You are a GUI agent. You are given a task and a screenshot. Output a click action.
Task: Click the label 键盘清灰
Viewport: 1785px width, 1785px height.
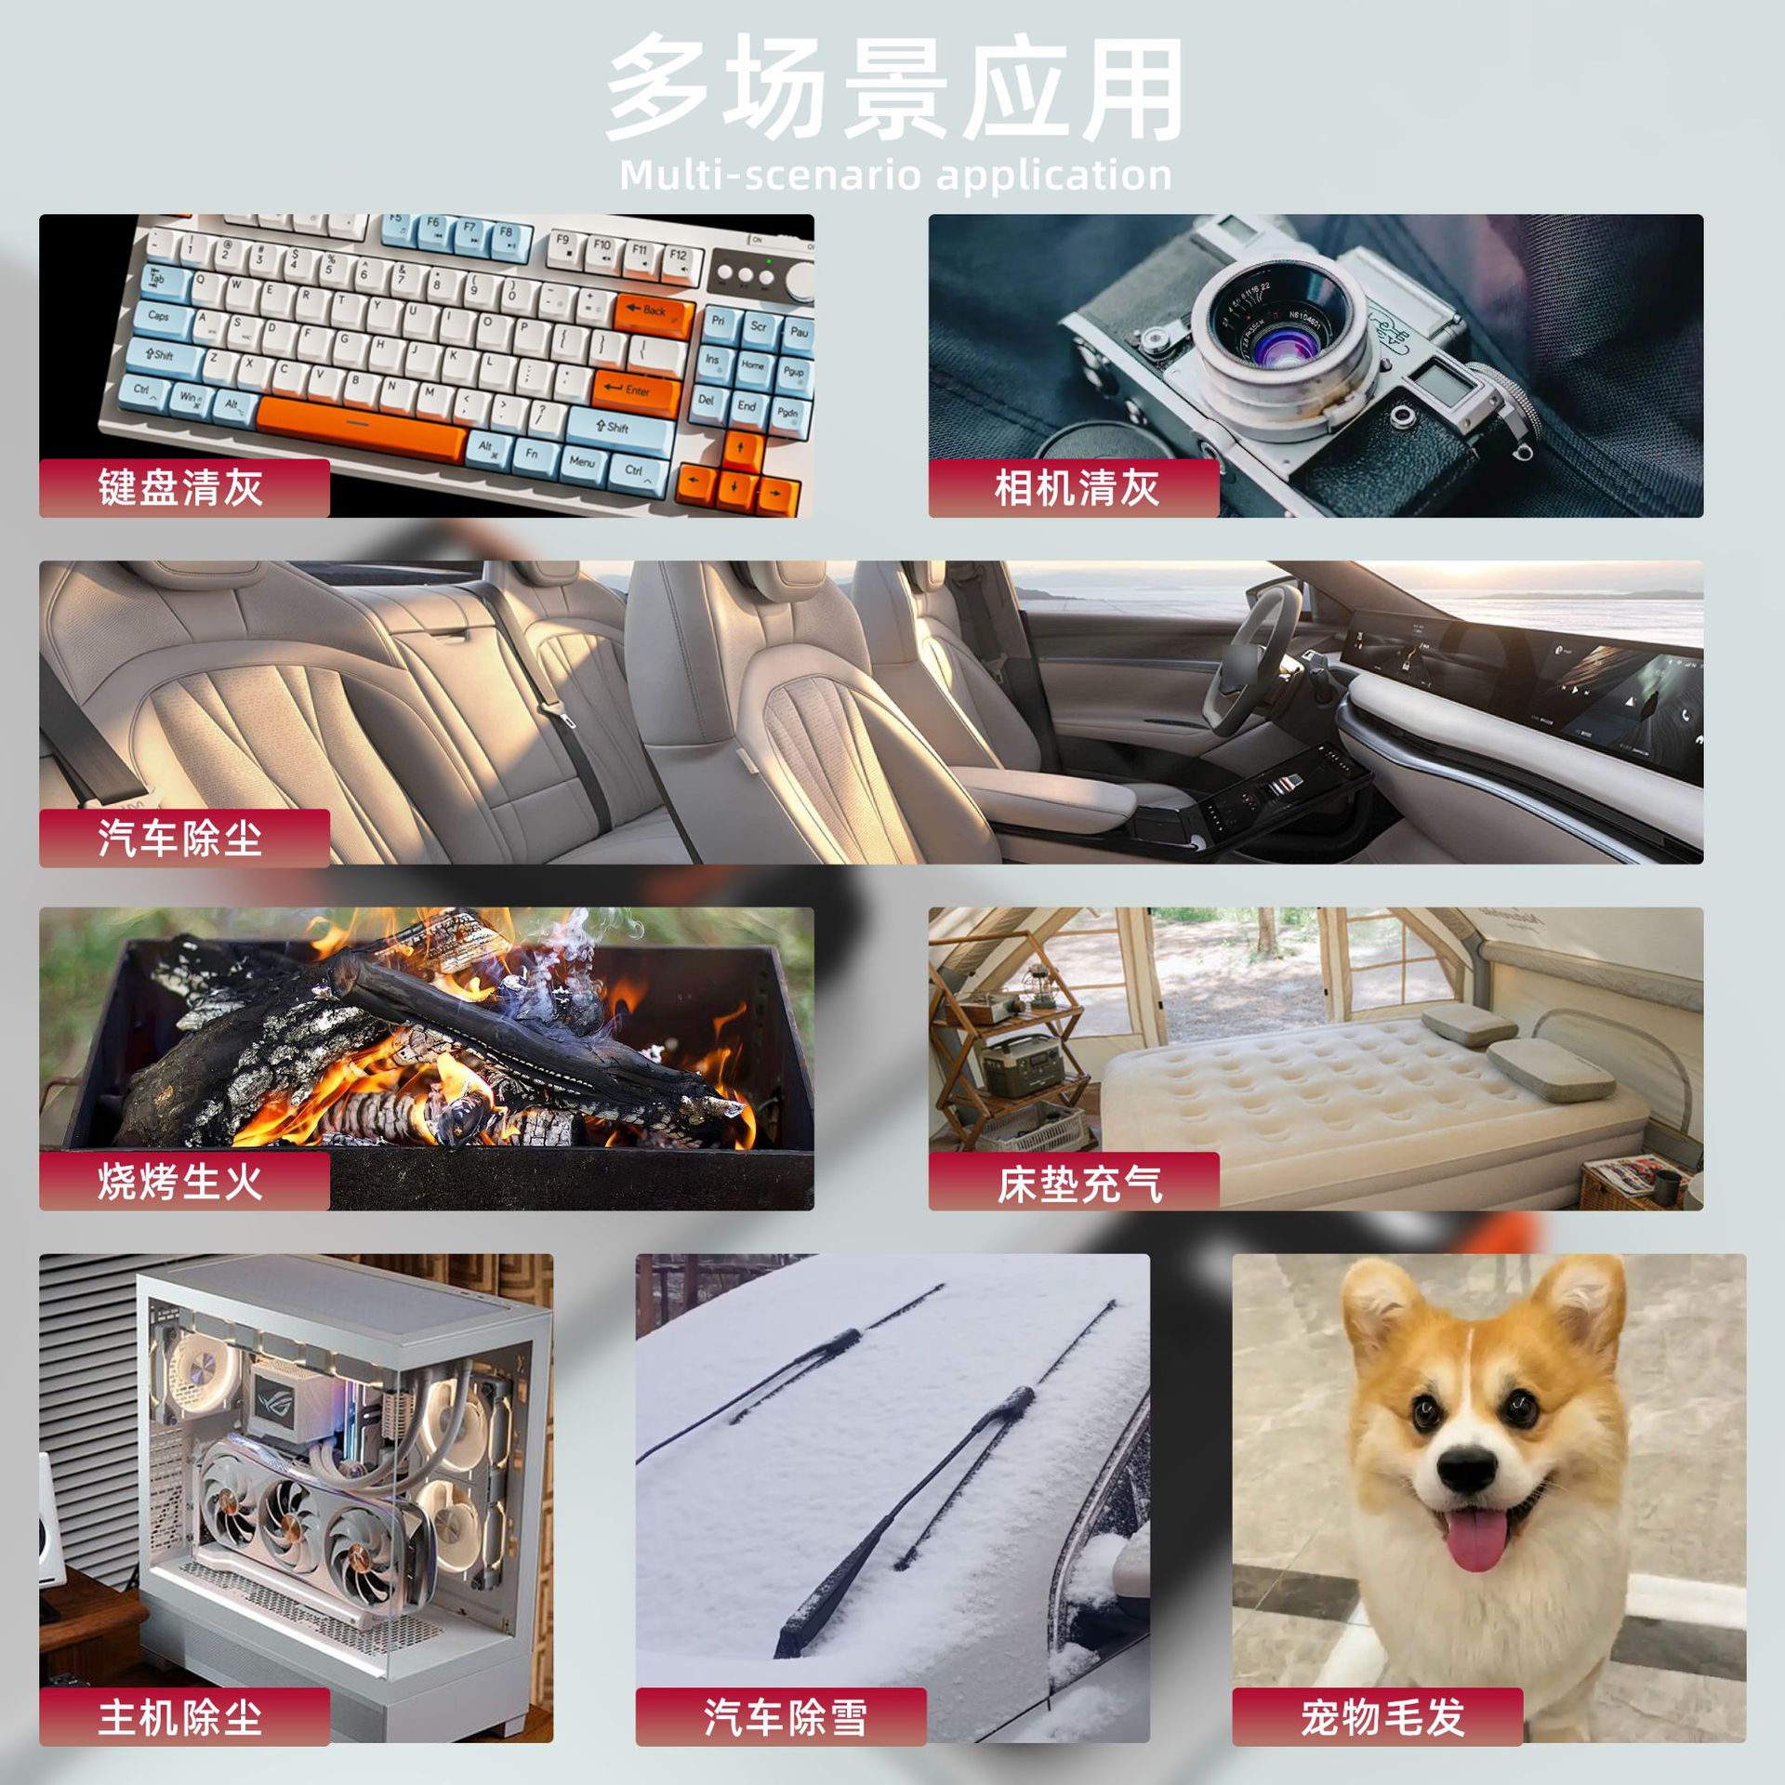(x=180, y=488)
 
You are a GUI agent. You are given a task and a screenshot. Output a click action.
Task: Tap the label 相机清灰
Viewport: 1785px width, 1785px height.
(x=1077, y=488)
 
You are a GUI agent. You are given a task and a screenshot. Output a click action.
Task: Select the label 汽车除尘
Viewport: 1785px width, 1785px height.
(x=180, y=838)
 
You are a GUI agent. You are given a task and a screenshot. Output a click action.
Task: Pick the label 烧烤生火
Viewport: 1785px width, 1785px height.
(x=180, y=1182)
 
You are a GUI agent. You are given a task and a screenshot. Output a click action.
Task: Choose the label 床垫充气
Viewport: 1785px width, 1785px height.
(x=1079, y=1183)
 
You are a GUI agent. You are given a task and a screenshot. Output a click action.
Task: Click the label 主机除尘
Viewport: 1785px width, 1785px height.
(x=180, y=1717)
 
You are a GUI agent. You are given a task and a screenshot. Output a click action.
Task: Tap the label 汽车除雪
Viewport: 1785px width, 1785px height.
(x=786, y=1717)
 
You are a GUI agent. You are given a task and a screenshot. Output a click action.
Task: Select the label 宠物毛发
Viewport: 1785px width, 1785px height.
(x=1382, y=1717)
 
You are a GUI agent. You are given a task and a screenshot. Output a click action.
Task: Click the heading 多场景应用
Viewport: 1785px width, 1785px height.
(x=894, y=89)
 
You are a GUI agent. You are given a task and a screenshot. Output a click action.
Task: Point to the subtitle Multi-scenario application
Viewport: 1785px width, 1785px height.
(x=895, y=175)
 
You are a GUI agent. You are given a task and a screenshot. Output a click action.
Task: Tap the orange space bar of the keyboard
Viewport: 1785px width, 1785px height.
(x=360, y=428)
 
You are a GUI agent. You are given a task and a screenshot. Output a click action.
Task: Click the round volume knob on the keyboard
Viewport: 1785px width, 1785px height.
(x=799, y=279)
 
